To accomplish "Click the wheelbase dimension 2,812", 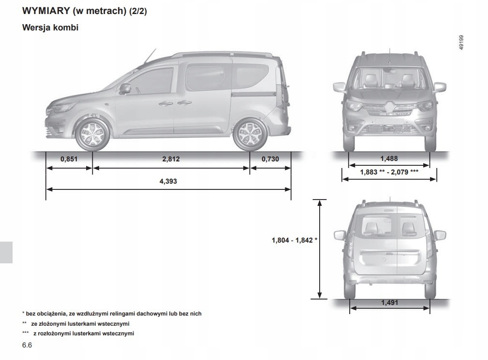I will pyautogui.click(x=171, y=159).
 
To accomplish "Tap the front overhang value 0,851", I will pyautogui.click(x=69, y=159).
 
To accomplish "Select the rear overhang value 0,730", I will pyautogui.click(x=270, y=159).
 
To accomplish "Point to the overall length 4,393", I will pyautogui.click(x=168, y=181).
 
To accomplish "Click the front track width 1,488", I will pyautogui.click(x=389, y=159).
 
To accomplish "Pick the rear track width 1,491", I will pyautogui.click(x=389, y=303).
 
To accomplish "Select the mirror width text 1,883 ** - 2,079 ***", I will pyautogui.click(x=389, y=172).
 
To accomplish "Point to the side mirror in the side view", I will pyautogui.click(x=124, y=89).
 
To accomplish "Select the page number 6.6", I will pyautogui.click(x=27, y=346).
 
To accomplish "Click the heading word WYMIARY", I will pyautogui.click(x=45, y=11).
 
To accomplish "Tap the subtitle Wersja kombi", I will pyautogui.click(x=50, y=28).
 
